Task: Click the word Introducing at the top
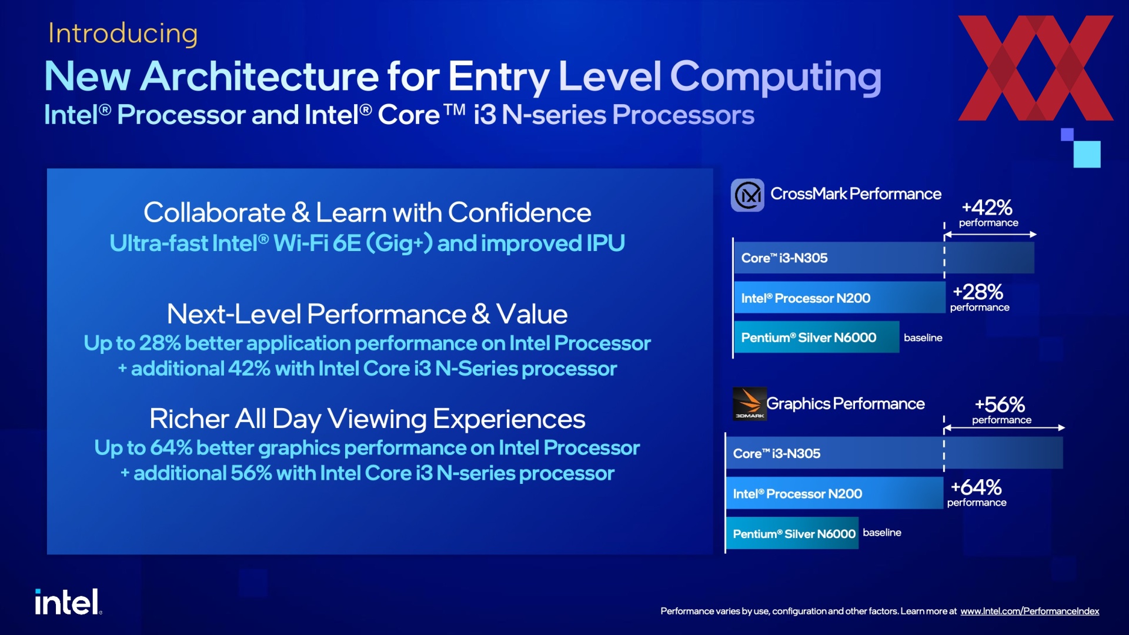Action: [x=123, y=34]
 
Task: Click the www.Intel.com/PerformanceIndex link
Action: [x=1030, y=611]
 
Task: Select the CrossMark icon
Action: [x=747, y=195]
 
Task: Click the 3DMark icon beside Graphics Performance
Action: [x=750, y=404]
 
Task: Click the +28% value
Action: [x=978, y=292]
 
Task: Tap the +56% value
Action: [x=1000, y=405]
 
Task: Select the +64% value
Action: [x=976, y=487]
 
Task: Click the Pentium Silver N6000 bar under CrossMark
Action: [x=817, y=337]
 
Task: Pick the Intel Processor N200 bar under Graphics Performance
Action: [x=834, y=493]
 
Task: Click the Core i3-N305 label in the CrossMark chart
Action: [x=784, y=258]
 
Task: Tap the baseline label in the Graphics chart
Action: [x=882, y=533]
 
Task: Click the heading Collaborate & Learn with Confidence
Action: [x=368, y=213]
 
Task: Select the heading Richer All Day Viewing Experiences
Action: [x=368, y=419]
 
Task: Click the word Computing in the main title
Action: [x=776, y=76]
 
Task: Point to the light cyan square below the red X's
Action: [x=1087, y=154]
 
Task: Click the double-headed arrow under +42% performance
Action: [x=990, y=235]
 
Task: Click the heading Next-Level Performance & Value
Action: [x=368, y=314]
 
